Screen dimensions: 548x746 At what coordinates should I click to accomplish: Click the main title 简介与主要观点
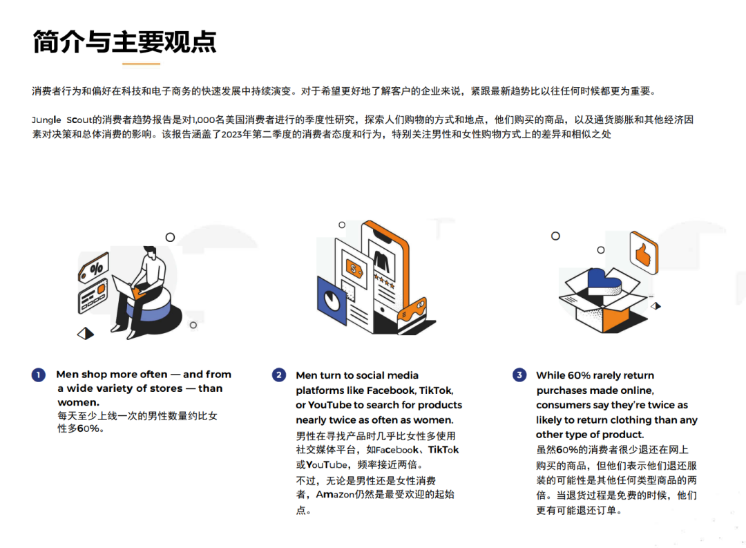(124, 41)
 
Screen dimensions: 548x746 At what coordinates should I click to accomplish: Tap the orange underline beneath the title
(141, 64)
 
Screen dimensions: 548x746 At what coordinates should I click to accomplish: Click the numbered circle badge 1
(38, 375)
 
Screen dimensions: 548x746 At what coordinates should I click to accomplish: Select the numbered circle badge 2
(278, 375)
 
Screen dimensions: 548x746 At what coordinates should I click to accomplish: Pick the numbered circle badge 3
(519, 375)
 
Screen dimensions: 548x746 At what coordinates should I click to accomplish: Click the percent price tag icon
(95, 267)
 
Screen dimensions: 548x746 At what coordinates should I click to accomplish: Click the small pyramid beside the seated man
(86, 333)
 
